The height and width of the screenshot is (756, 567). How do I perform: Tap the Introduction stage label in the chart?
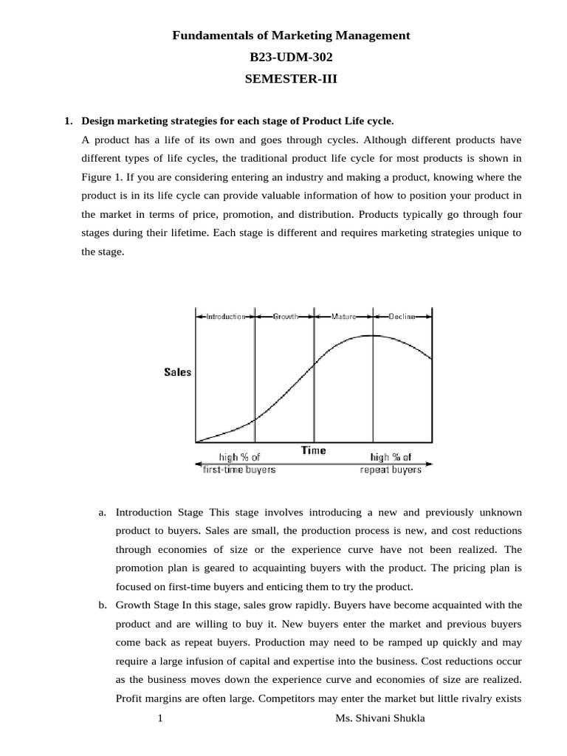(225, 316)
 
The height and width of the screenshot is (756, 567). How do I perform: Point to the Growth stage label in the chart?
(285, 316)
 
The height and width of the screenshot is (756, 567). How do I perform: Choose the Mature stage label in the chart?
(343, 316)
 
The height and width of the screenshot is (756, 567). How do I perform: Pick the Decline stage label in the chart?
(402, 316)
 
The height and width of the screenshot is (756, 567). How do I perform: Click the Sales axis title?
(177, 372)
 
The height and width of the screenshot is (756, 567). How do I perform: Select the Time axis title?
(313, 450)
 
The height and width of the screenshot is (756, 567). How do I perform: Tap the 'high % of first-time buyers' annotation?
(238, 464)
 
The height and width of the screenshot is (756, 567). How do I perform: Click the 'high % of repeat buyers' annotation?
(391, 464)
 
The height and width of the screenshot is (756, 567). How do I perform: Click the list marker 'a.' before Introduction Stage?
(103, 512)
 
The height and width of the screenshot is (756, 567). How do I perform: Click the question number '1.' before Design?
(69, 120)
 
